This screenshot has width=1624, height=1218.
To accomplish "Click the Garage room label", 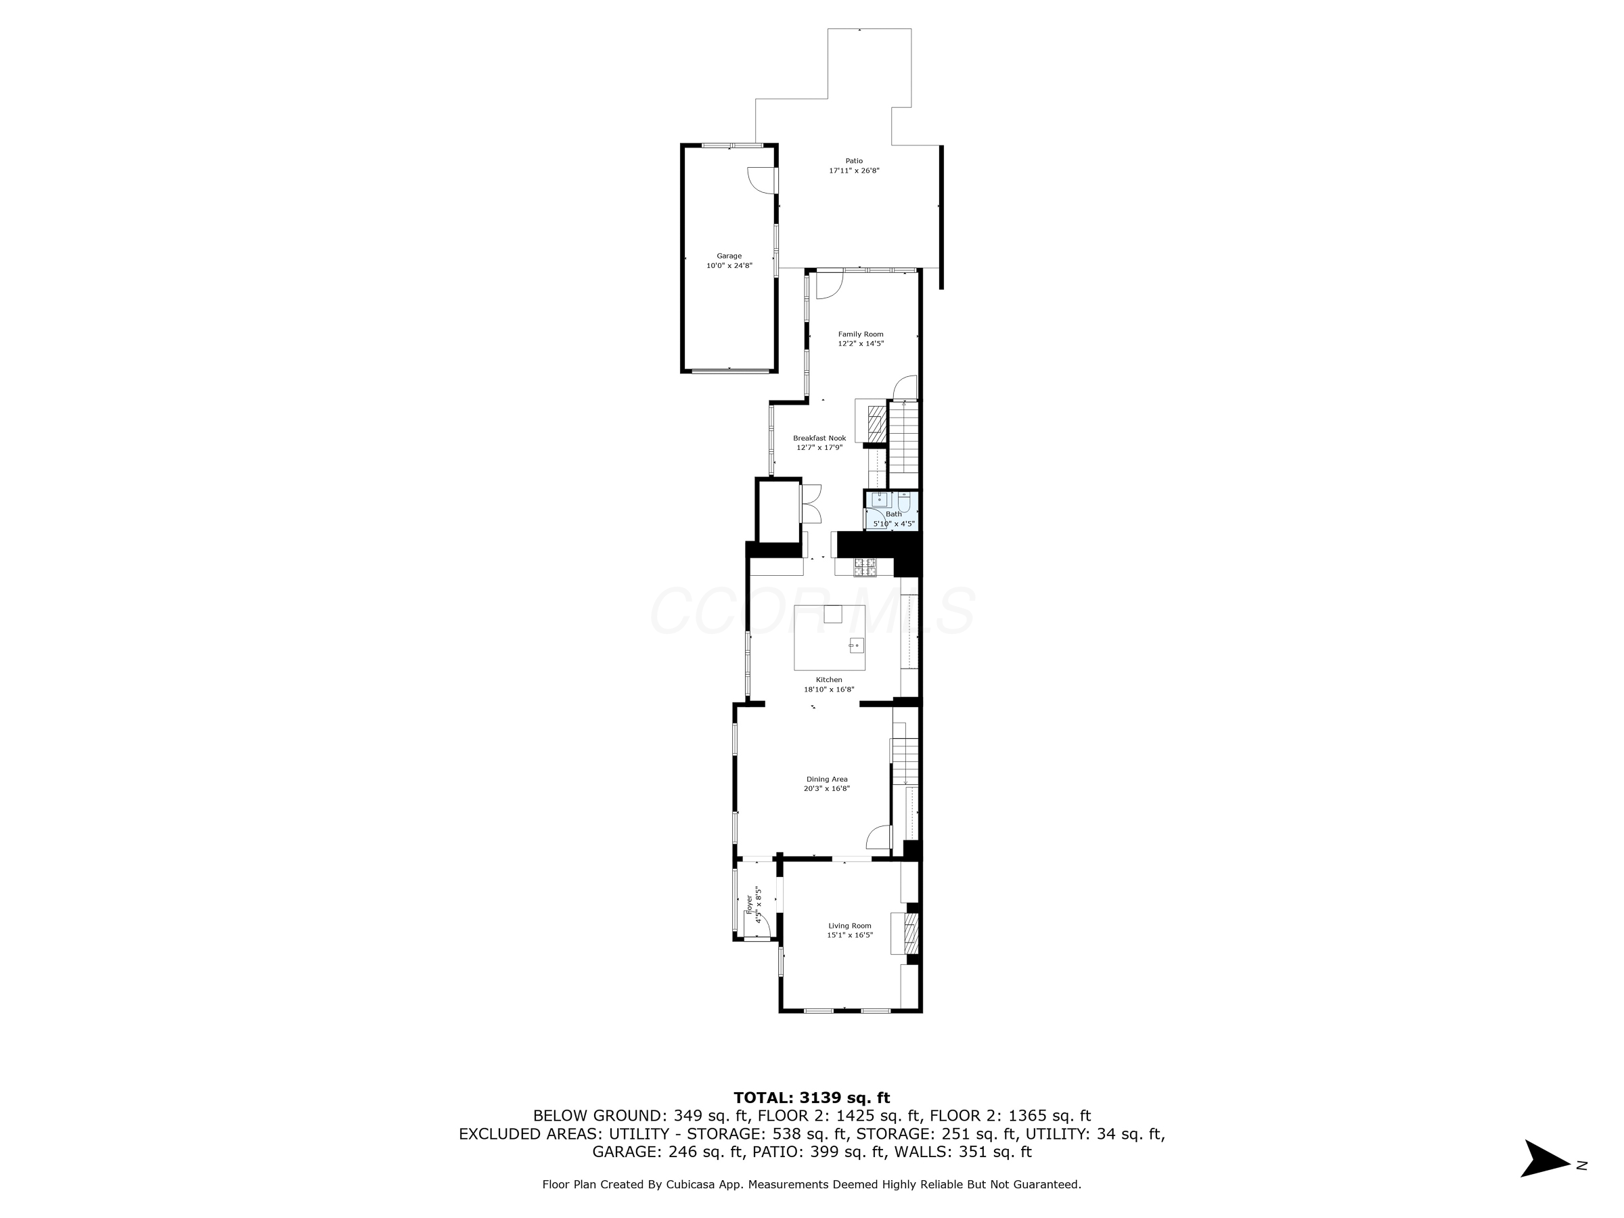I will pyautogui.click(x=729, y=256).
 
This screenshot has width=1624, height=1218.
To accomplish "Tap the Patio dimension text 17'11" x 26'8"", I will pyautogui.click(x=854, y=171).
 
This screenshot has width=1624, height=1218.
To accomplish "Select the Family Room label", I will pyautogui.click(x=861, y=334).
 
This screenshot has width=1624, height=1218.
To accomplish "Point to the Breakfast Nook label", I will pyautogui.click(x=819, y=438).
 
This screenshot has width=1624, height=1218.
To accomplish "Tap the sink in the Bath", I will pyautogui.click(x=880, y=500).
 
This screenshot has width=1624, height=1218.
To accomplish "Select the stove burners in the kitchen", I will pyautogui.click(x=865, y=566).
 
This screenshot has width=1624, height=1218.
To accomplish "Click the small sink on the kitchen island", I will pyautogui.click(x=856, y=646).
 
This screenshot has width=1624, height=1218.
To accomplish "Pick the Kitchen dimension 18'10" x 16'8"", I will pyautogui.click(x=829, y=690).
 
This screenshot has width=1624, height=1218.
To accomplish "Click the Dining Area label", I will pyautogui.click(x=827, y=779).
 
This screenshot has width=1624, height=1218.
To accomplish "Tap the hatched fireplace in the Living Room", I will pyautogui.click(x=911, y=933).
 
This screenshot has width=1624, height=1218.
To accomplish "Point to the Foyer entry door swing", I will pyautogui.click(x=761, y=925).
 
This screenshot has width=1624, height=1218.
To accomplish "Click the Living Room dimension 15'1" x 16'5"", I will pyautogui.click(x=849, y=935).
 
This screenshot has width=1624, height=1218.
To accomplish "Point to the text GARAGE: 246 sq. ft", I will pyautogui.click(x=668, y=1152).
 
